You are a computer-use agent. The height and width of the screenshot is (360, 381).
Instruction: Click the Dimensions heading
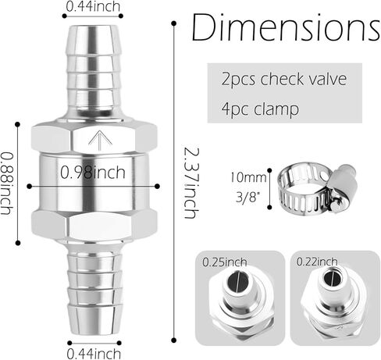tap(286, 27)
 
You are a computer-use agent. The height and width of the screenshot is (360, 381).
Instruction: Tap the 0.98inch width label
tap(93, 172)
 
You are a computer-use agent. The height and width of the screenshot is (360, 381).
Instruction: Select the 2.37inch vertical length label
tap(191, 183)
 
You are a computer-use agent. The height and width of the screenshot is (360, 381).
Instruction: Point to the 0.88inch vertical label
tap(7, 184)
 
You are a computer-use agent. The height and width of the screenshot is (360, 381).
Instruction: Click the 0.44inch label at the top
tap(93, 6)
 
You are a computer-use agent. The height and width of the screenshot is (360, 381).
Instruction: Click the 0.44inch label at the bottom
tap(94, 354)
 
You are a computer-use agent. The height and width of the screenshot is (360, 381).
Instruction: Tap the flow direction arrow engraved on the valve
tap(101, 140)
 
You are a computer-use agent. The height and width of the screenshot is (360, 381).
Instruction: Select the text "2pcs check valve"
tap(284, 79)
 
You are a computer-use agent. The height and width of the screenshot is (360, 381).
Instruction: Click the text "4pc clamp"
tap(260, 109)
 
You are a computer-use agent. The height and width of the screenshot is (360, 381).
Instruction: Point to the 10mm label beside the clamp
tap(248, 177)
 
